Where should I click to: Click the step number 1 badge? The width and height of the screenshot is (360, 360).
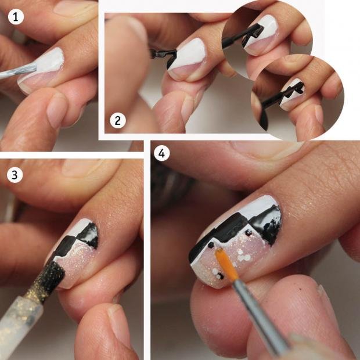point(16,16)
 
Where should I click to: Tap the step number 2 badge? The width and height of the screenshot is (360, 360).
point(118,121)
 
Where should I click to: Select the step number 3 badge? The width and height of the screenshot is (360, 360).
point(15,175)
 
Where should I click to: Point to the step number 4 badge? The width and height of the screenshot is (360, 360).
point(161,153)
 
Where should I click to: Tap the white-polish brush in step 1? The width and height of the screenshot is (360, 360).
point(19,71)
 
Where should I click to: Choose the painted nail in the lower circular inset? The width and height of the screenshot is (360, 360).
point(292,95)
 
